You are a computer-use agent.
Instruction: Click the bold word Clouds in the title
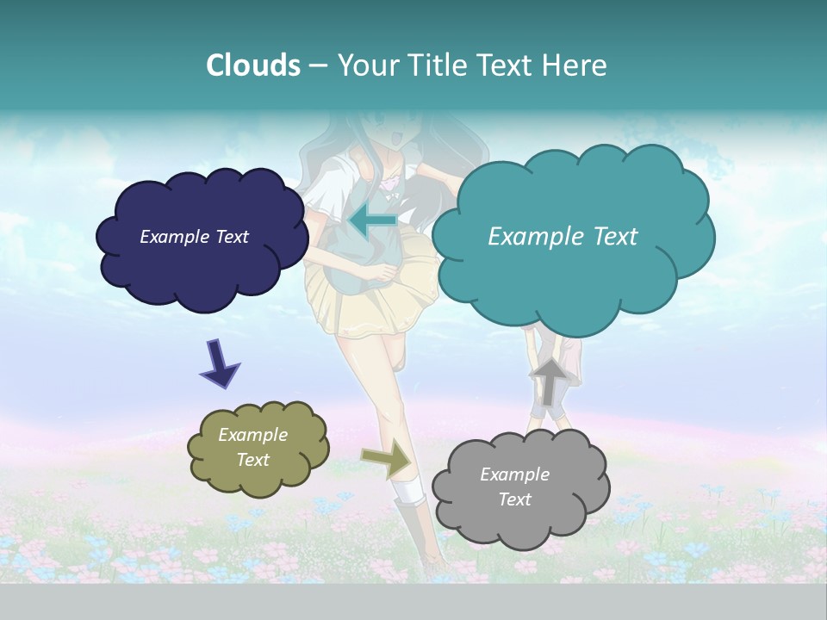[252, 65]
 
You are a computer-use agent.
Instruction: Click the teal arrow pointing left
[372, 220]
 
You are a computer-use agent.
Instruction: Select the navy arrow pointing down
[219, 363]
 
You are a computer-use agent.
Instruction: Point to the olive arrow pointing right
[388, 458]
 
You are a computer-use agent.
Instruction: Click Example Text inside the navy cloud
[194, 236]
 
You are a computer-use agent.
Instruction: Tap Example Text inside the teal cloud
[563, 236]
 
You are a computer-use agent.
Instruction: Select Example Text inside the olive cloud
[252, 447]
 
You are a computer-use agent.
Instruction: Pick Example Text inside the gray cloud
[514, 487]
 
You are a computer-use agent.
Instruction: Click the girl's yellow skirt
[362, 301]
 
